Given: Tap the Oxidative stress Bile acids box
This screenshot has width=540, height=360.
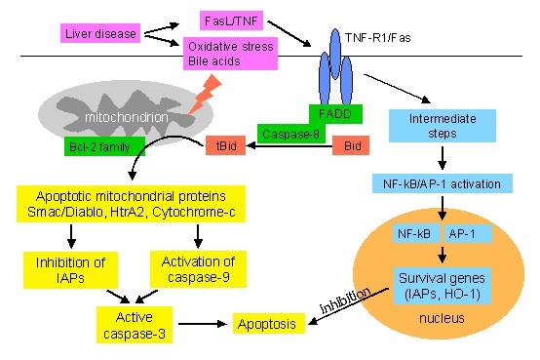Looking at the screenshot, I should click(x=230, y=54).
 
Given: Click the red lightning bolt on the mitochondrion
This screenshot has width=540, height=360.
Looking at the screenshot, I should click(x=204, y=96).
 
